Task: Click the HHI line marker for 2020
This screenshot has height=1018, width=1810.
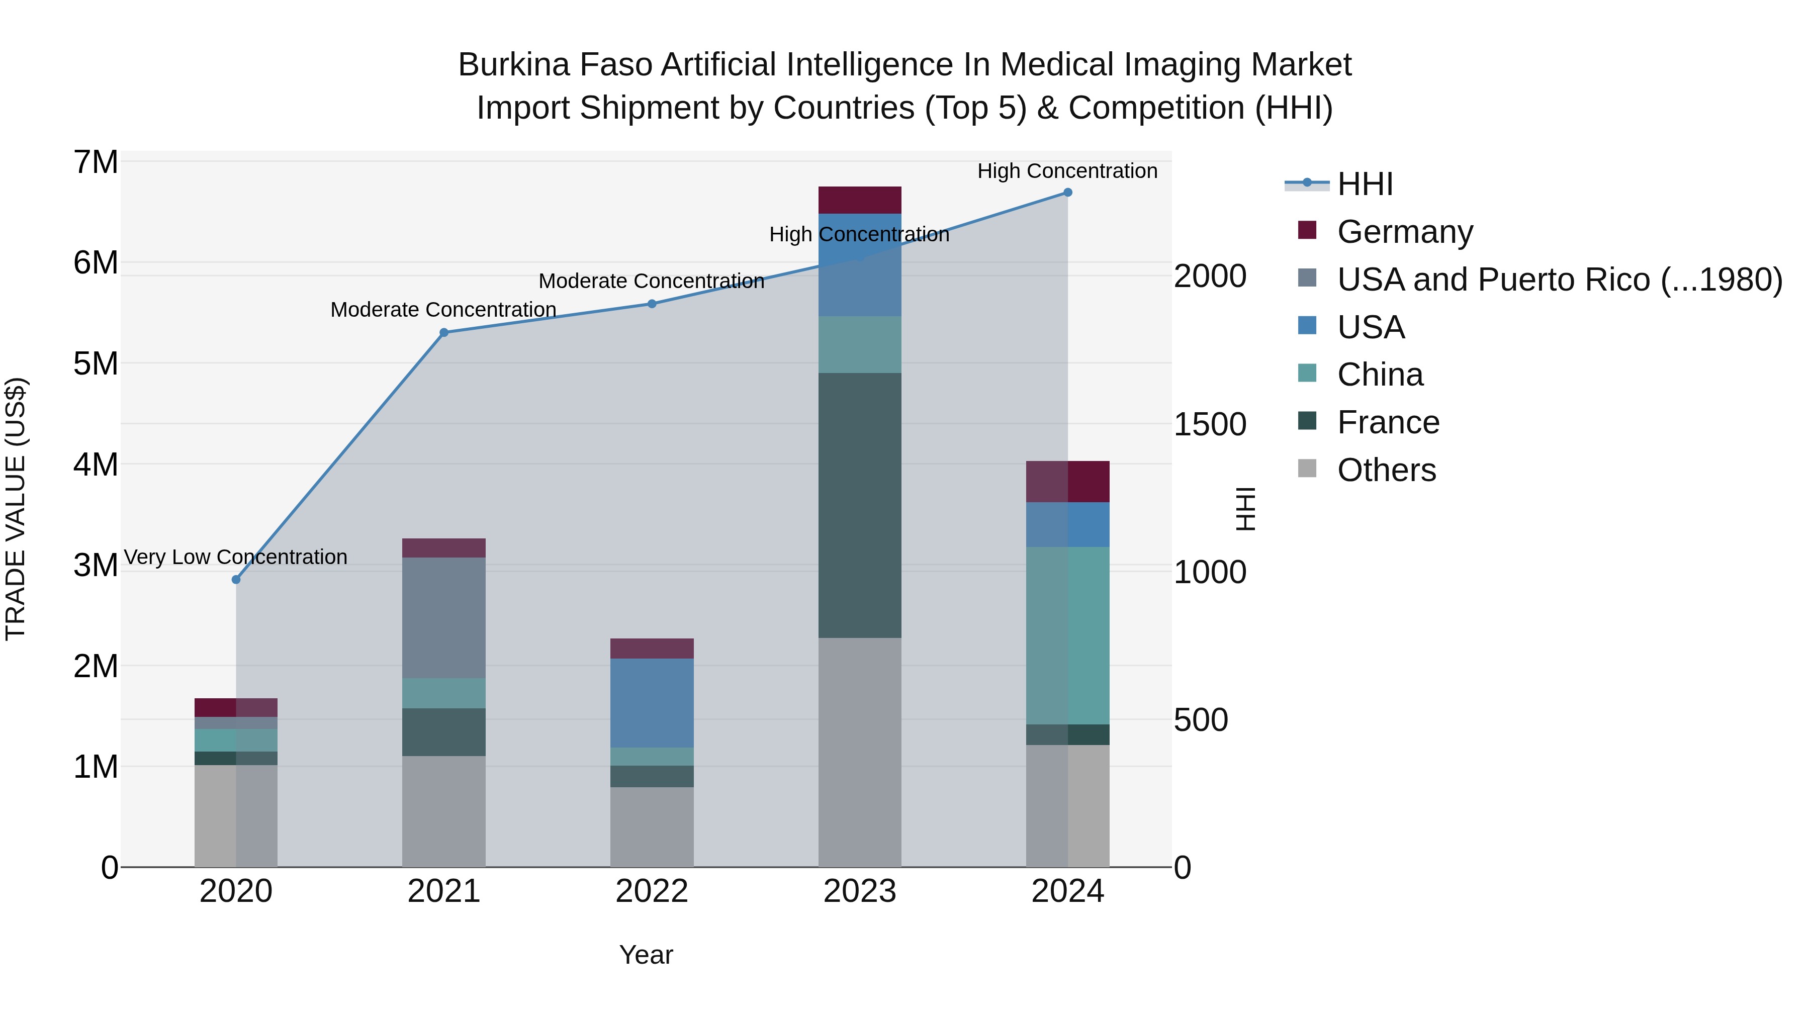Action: tap(236, 580)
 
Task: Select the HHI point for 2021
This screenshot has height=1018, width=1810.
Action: tap(444, 332)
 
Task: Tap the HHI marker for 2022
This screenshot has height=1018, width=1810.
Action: tap(652, 304)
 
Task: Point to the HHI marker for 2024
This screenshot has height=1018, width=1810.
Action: tap(1067, 192)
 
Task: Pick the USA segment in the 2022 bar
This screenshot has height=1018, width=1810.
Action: tap(652, 703)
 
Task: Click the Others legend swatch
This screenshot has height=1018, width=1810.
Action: tap(1307, 469)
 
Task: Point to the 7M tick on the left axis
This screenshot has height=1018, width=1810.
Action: tap(96, 162)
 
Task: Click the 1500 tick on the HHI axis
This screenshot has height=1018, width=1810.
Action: tap(1210, 424)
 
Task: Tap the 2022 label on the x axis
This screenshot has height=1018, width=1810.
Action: tap(652, 891)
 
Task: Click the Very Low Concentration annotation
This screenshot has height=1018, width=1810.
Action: tap(236, 557)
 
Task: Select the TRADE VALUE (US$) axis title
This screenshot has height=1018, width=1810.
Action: tap(16, 509)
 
